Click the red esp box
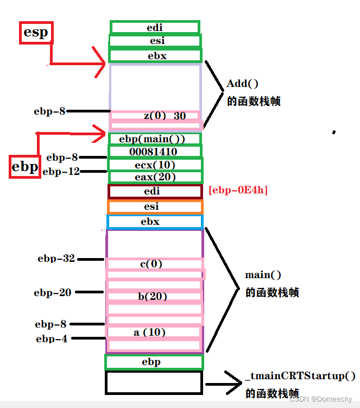[36, 33]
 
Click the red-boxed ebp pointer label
[25, 166]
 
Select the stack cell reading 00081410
[155, 152]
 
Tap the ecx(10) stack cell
[155, 165]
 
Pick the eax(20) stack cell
[155, 177]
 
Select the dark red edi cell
[155, 191]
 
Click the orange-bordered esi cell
[155, 206]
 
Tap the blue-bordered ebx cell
[155, 222]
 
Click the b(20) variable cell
[153, 297]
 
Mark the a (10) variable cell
[150, 332]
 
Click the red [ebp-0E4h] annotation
[238, 190]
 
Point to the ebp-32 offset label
[56, 259]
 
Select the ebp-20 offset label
[53, 292]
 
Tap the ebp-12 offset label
[61, 172]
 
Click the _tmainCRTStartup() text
[300, 376]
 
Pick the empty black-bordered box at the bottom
[154, 382]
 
